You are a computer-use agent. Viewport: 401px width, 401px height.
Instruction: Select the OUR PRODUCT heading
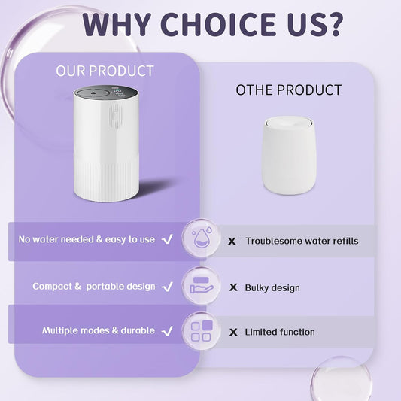click(105, 71)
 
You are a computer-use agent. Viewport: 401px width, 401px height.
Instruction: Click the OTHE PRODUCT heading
click(289, 90)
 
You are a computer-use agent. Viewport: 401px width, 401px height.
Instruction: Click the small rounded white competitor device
click(288, 153)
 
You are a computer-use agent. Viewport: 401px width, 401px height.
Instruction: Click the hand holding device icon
click(201, 284)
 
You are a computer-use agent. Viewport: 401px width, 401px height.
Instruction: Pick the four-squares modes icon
click(201, 331)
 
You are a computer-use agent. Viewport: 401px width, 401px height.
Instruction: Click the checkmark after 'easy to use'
click(168, 239)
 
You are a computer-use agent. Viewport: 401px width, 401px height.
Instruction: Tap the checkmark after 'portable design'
click(168, 287)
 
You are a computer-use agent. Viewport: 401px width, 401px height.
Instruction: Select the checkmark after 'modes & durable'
click(168, 330)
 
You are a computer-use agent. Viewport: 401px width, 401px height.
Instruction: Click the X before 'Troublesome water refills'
click(232, 241)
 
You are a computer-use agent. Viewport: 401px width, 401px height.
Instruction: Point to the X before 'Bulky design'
click(232, 287)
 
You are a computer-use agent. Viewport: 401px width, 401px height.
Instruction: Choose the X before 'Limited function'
click(232, 332)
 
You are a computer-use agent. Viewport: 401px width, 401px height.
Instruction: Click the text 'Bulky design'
click(272, 287)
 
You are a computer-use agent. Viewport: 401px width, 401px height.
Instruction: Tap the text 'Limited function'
click(280, 332)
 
